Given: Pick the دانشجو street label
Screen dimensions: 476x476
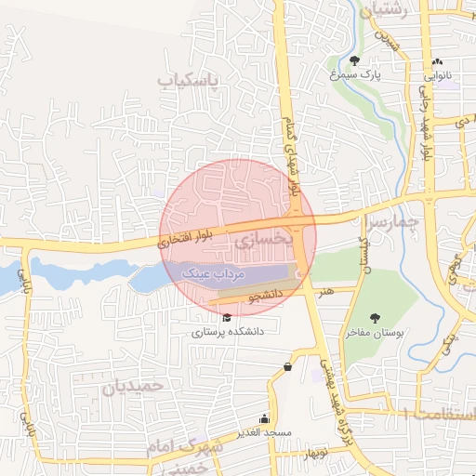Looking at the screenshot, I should [x=264, y=296].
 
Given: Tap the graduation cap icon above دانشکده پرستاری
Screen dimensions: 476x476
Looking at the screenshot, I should [x=227, y=317].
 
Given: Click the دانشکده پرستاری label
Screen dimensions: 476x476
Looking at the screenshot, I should [x=229, y=330].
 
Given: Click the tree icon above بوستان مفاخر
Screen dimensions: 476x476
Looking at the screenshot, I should [x=375, y=318].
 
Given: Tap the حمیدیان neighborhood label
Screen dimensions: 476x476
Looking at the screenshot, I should [x=132, y=386].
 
